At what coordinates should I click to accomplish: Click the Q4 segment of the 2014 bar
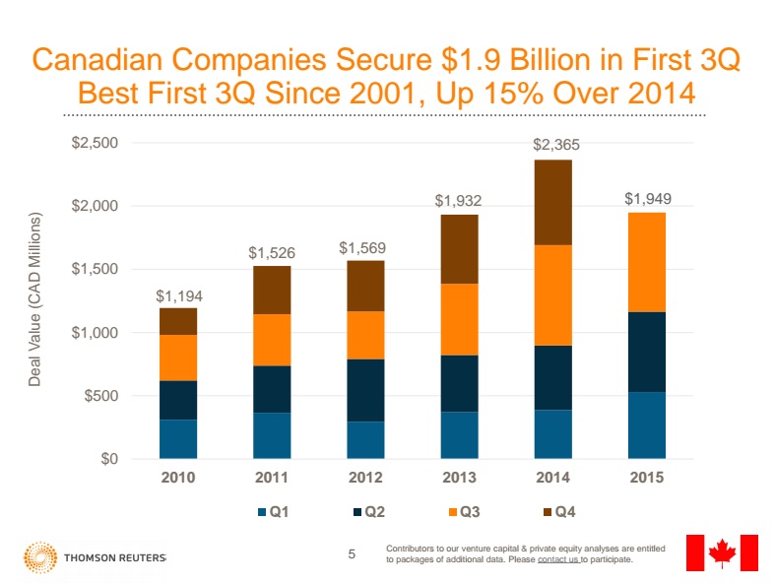(552, 202)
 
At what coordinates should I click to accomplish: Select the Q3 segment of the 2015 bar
(646, 262)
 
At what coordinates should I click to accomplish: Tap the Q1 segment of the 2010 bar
(177, 439)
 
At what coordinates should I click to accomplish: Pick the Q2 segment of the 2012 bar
(365, 390)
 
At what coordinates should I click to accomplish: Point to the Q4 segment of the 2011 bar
(272, 290)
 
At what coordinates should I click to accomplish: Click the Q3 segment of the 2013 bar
(459, 319)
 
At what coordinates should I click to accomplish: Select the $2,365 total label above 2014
(556, 144)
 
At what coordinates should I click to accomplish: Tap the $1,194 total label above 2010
(177, 295)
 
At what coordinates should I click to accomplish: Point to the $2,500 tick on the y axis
(96, 143)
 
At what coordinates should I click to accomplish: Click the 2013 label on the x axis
(460, 478)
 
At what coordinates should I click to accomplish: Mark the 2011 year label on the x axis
(272, 478)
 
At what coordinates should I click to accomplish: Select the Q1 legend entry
(274, 512)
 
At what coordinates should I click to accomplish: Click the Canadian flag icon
(722, 552)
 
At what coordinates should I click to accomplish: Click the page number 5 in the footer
(353, 554)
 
